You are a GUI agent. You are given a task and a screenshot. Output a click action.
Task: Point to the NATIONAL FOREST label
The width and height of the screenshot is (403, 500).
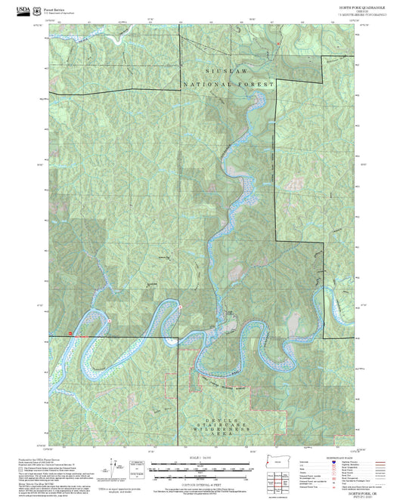tap(226, 85)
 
